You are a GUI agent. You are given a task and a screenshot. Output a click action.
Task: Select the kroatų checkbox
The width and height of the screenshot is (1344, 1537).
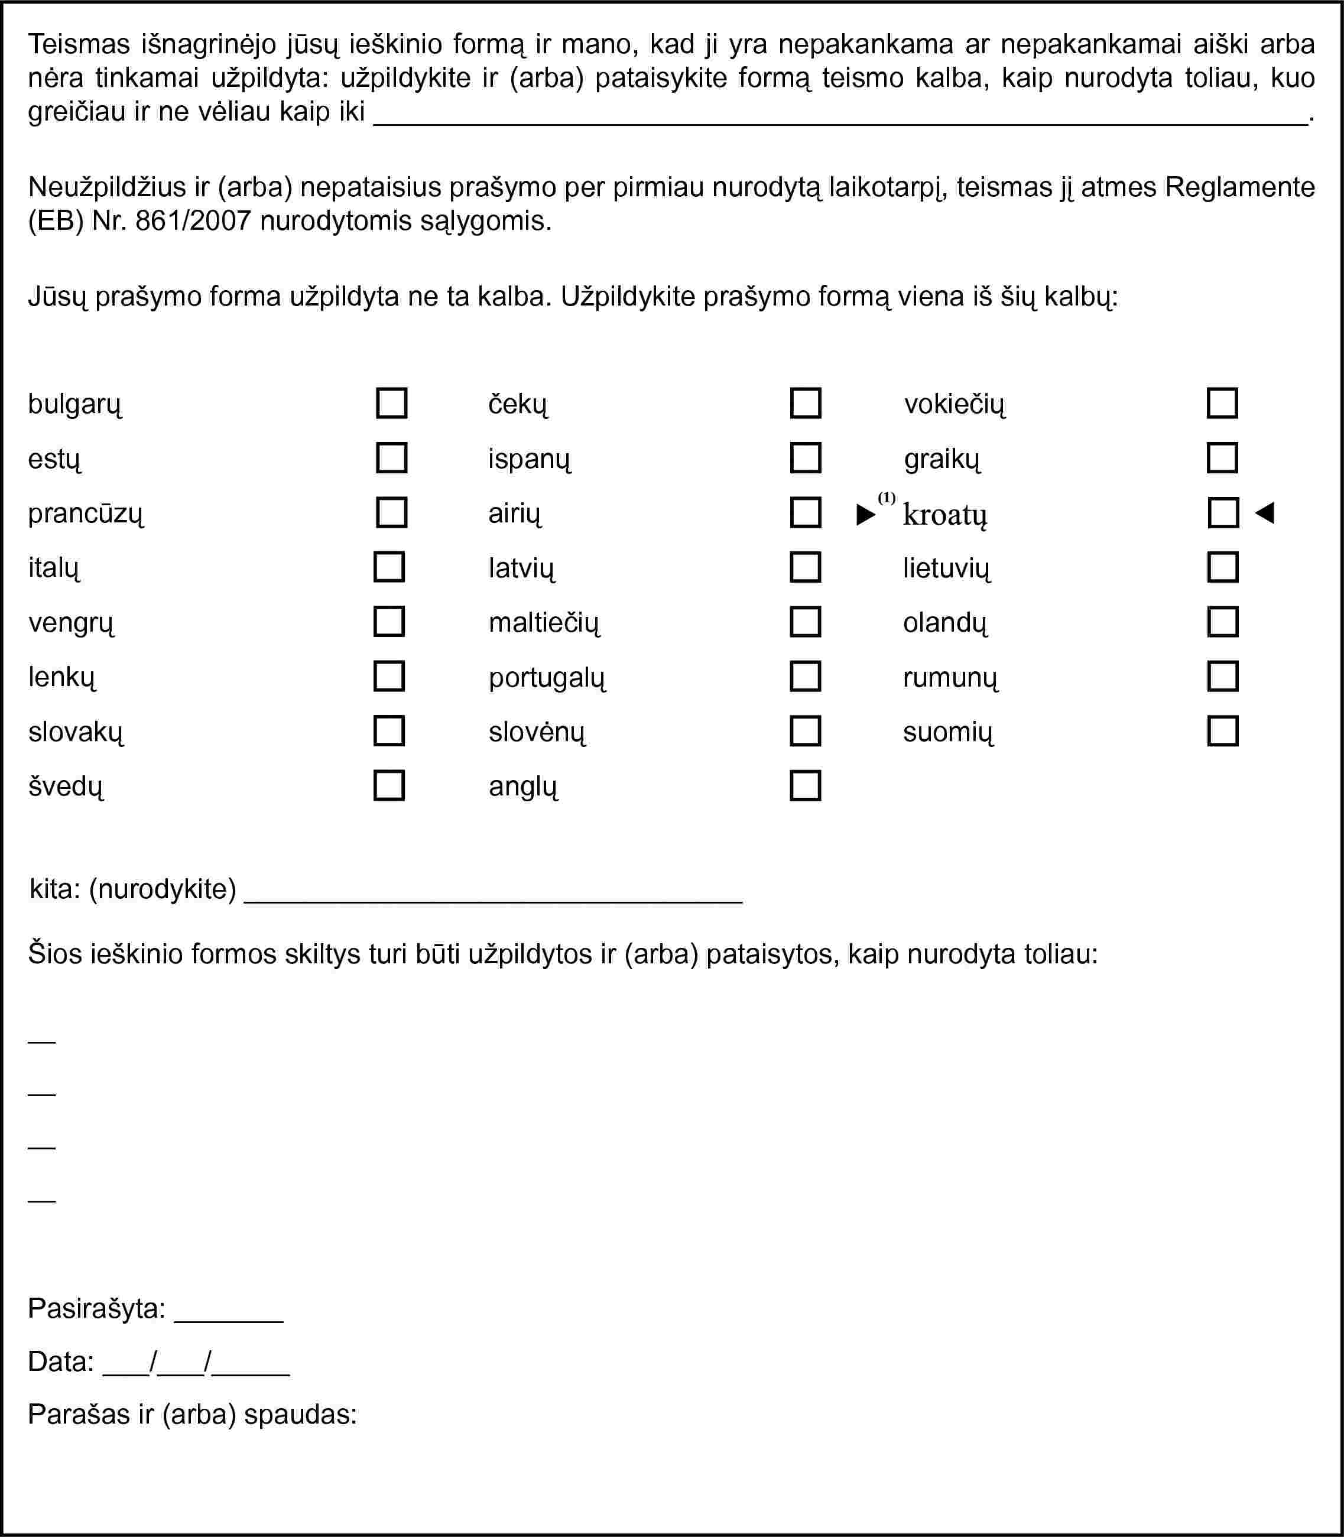point(1223,513)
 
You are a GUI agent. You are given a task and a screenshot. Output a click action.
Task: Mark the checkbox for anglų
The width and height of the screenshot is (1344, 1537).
point(806,786)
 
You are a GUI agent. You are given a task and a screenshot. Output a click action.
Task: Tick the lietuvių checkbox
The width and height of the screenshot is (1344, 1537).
point(1222,567)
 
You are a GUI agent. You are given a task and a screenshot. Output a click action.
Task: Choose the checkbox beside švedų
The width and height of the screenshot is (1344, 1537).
point(389,786)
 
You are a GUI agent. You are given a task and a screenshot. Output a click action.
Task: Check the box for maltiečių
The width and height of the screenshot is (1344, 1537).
point(806,622)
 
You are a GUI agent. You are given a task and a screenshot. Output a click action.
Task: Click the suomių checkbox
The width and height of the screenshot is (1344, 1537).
point(1222,731)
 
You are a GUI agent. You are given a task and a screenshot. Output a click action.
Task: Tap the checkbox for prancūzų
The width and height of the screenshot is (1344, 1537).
point(391,513)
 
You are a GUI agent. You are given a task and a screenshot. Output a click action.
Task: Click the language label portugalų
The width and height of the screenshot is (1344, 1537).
point(547,678)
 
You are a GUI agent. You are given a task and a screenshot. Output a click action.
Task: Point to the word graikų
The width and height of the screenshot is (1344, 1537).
point(942,459)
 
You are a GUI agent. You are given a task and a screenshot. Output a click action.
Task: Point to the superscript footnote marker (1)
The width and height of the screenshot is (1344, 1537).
point(887,498)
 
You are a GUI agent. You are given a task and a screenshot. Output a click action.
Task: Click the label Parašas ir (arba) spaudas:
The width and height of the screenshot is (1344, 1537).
point(192,1415)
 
